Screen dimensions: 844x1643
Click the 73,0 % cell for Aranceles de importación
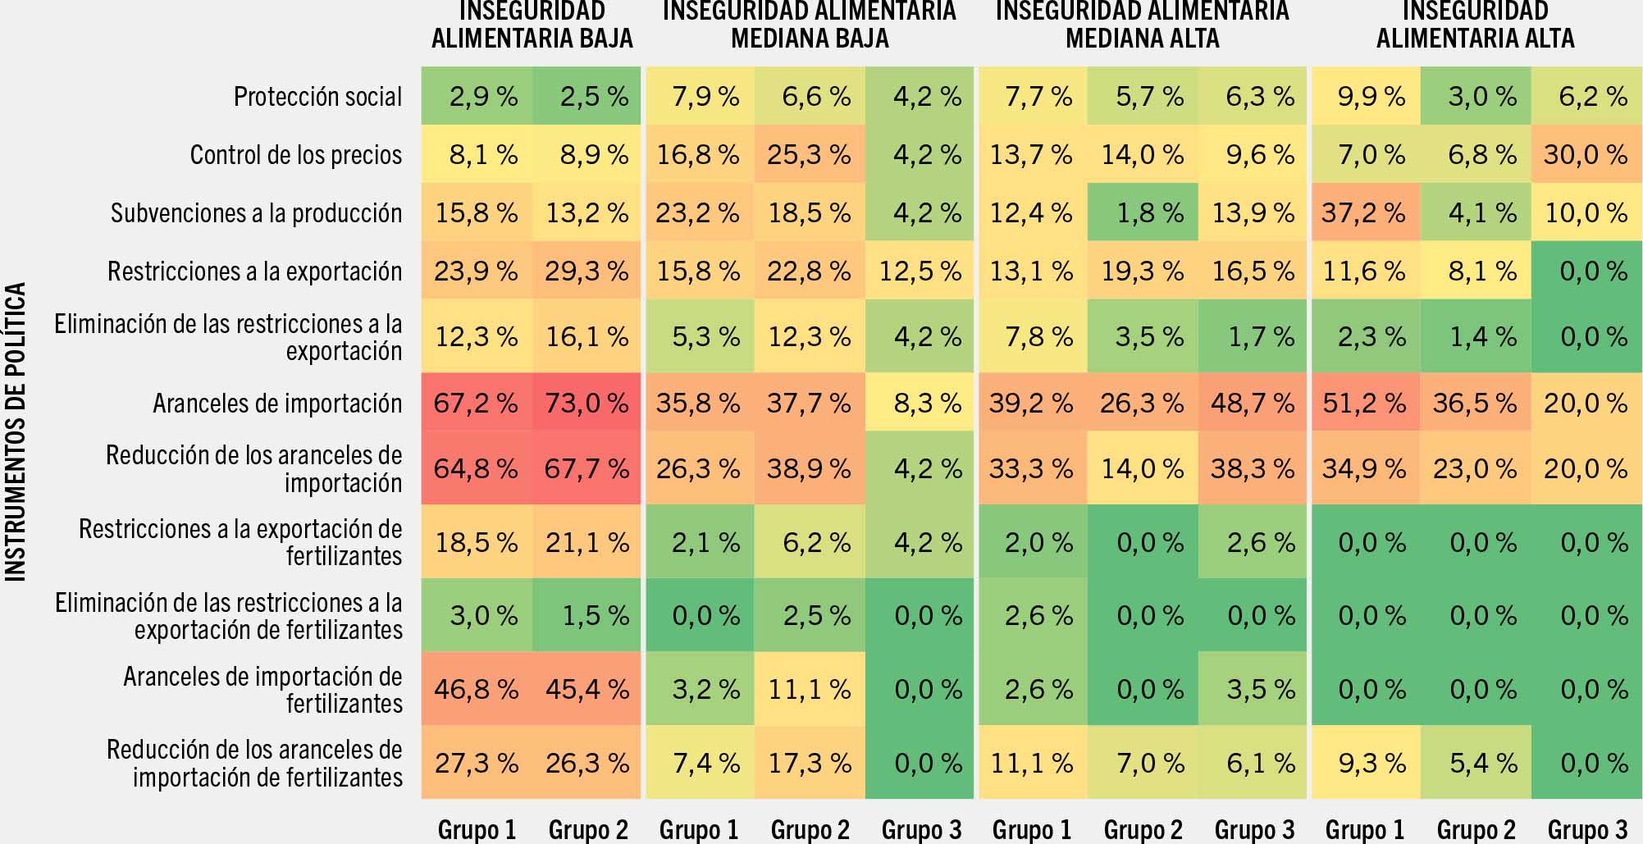coord(586,404)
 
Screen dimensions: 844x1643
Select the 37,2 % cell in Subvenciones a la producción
coord(1363,213)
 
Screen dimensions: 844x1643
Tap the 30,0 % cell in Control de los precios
coord(1586,155)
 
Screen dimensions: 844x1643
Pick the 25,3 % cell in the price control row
coord(809,155)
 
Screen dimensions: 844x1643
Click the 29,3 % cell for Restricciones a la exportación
coord(586,271)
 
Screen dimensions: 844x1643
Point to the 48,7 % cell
coord(1253,404)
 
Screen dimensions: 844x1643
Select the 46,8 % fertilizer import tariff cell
coord(476,690)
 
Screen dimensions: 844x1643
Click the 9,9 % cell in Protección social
coord(1363,97)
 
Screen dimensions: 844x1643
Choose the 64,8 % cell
coord(476,469)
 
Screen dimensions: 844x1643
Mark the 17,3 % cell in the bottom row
coord(809,764)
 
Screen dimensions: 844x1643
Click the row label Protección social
coord(318,97)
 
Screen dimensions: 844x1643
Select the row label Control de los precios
coord(296,155)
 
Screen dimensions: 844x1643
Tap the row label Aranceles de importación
coord(277,404)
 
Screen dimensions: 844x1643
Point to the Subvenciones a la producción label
coord(257,213)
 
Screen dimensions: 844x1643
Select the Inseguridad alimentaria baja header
coord(532,25)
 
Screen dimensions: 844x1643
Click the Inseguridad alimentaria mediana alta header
coord(1142,25)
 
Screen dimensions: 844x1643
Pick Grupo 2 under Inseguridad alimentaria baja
coord(587,830)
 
